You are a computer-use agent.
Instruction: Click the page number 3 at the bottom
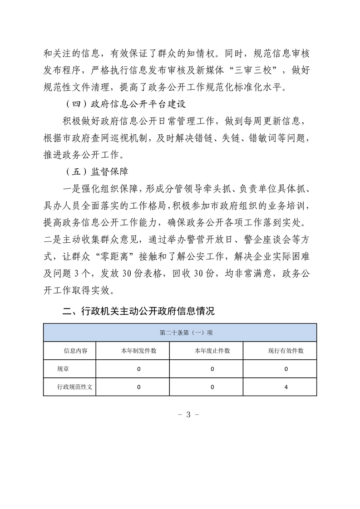click(180, 415)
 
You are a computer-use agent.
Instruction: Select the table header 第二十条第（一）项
click(180, 332)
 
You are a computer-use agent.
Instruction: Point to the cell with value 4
click(286, 387)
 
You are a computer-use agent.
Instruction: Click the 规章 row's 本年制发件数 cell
click(138, 369)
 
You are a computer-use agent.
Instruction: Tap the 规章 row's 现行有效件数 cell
click(286, 369)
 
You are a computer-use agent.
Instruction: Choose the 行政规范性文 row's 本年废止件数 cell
click(212, 387)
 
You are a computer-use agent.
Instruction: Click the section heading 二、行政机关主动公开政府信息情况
click(138, 311)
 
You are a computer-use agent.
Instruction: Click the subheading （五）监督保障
click(94, 172)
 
